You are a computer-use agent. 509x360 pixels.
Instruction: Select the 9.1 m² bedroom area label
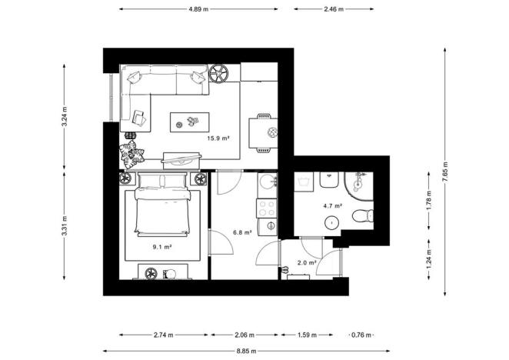click(x=161, y=247)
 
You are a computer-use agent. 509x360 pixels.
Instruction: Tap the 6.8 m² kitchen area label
click(x=242, y=232)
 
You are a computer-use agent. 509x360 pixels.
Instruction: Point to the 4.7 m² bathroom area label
click(x=332, y=205)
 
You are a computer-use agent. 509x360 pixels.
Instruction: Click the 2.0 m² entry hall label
click(x=306, y=262)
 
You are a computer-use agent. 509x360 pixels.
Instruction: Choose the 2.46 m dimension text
click(x=333, y=9)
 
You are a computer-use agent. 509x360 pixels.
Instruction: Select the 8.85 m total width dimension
click(x=248, y=351)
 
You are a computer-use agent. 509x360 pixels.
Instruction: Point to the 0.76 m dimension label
click(x=360, y=335)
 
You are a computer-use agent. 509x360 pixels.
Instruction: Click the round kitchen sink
click(x=267, y=183)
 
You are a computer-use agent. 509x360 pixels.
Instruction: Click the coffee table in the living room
click(x=189, y=121)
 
